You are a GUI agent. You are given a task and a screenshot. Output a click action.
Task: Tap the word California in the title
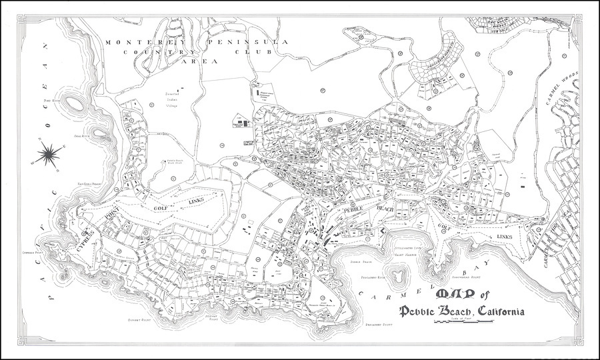pyautogui.click(x=499, y=311)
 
